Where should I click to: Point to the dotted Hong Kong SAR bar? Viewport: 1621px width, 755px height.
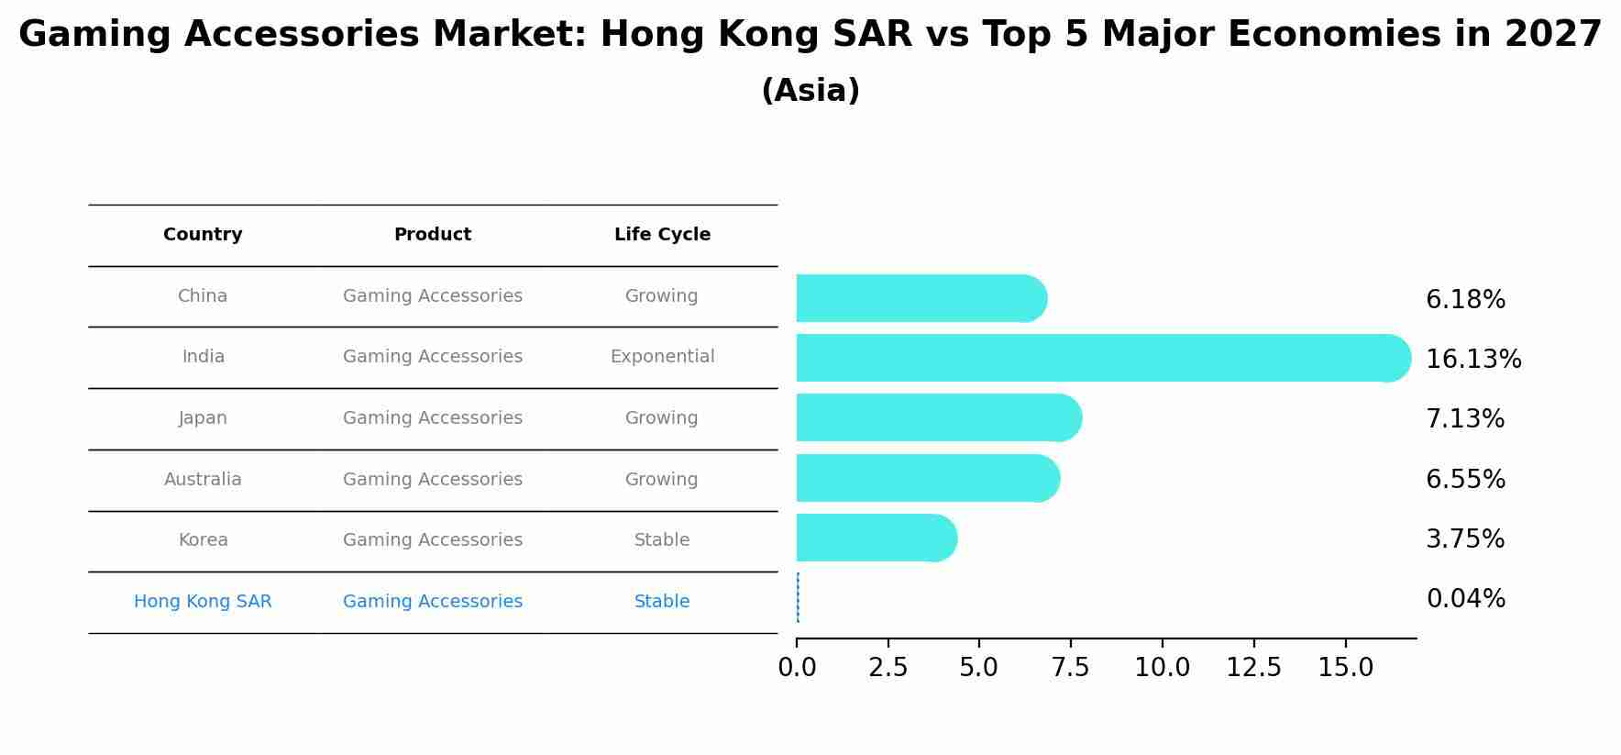pyautogui.click(x=798, y=597)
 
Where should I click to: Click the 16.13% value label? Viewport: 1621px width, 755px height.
pyautogui.click(x=1472, y=360)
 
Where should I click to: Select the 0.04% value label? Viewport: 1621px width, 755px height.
pyautogui.click(x=1465, y=599)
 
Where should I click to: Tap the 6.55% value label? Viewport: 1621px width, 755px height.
pyautogui.click(x=1465, y=480)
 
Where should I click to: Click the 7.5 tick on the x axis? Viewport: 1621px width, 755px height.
pyautogui.click(x=1070, y=668)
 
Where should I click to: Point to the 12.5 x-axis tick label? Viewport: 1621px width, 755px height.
pyautogui.click(x=1253, y=668)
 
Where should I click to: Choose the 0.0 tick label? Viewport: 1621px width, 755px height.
pyautogui.click(x=797, y=668)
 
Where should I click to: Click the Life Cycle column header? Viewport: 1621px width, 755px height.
pyautogui.click(x=662, y=235)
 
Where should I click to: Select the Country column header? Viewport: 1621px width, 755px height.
pyautogui.click(x=203, y=235)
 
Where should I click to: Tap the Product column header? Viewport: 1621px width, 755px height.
pyautogui.click(x=432, y=235)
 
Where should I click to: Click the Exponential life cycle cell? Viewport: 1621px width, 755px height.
pyautogui.click(x=662, y=357)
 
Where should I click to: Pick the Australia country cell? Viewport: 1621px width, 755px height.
pyautogui.click(x=203, y=480)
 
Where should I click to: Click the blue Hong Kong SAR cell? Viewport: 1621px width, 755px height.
pyautogui.click(x=203, y=602)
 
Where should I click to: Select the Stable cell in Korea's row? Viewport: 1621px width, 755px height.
pyautogui.click(x=662, y=540)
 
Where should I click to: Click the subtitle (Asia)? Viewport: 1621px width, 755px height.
pyautogui.click(x=810, y=91)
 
